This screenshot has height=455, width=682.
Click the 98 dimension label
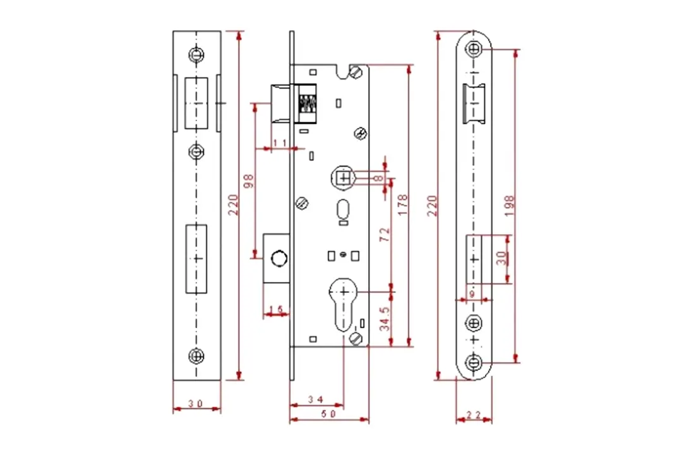coord(248,180)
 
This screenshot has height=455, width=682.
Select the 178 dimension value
coord(403,205)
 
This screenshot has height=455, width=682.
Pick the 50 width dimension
coord(328,414)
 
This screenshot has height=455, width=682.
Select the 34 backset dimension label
coord(316,399)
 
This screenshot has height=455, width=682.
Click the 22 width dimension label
coord(474,415)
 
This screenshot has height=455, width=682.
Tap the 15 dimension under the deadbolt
coord(277,309)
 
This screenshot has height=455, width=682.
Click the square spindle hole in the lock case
coord(344,178)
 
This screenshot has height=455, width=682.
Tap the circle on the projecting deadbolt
coord(278,258)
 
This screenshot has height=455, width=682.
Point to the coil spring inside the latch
coord(307,104)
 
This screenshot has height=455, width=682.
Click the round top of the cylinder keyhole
coord(343,292)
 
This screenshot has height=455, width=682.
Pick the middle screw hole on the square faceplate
coord(197,151)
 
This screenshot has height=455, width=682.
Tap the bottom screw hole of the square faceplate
coord(197,356)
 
